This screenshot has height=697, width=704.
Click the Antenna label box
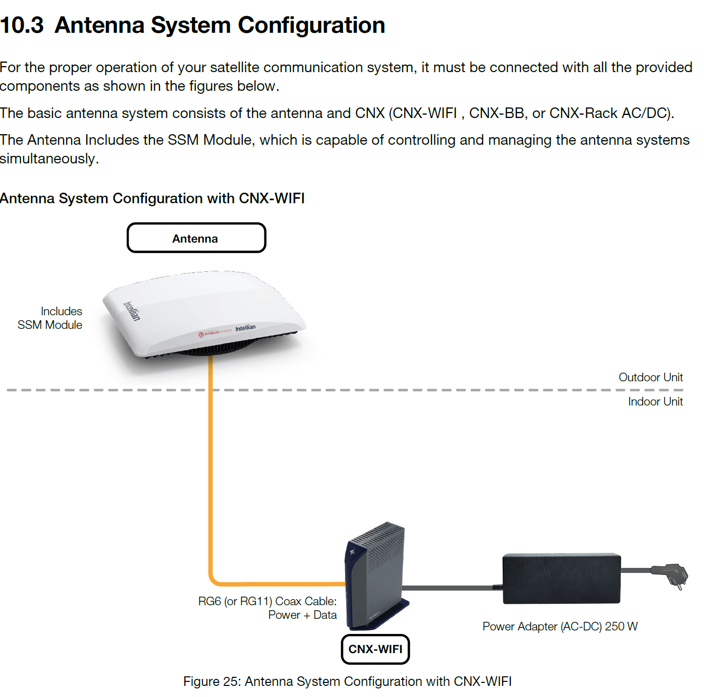tap(196, 238)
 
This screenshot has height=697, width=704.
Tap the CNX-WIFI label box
tap(375, 649)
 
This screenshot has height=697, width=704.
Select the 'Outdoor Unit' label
tap(651, 377)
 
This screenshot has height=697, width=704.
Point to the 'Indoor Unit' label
tap(656, 401)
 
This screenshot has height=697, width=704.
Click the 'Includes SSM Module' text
tap(50, 318)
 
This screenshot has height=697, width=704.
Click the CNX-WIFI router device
tap(376, 576)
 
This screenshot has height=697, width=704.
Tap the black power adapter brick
tap(562, 578)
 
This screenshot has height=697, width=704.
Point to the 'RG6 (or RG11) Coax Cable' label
tap(267, 601)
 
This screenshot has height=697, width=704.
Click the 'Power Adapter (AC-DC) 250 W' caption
tap(560, 626)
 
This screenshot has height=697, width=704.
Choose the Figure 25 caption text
tap(347, 681)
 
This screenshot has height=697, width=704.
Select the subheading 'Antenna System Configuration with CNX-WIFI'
tap(152, 198)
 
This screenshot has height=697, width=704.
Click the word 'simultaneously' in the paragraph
tap(49, 158)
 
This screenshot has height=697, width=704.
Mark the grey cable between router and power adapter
tap(452, 588)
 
